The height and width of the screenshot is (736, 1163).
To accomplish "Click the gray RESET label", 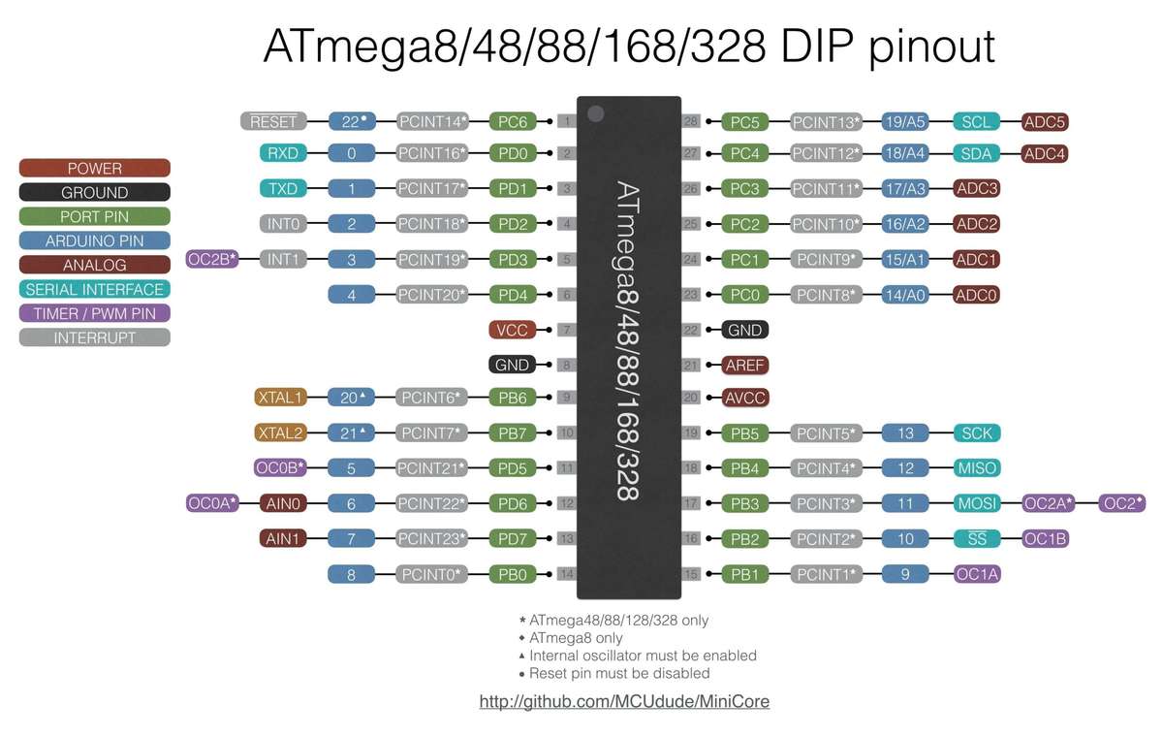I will tap(272, 121).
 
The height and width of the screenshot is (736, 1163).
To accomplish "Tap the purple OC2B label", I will tap(211, 259).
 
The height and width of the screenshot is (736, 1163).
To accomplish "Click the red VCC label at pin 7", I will tap(512, 330).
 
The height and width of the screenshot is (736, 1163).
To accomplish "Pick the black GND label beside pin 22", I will tap(744, 330).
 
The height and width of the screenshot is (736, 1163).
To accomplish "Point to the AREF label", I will tap(745, 366).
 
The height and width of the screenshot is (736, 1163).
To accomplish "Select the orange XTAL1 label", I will tap(280, 397).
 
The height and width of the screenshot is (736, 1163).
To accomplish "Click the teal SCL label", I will tap(977, 122).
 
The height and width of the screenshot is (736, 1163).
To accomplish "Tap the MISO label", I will tap(977, 467).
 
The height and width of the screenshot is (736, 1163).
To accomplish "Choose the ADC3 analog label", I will tap(977, 188).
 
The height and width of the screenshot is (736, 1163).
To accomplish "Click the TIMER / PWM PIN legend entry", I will tap(94, 313).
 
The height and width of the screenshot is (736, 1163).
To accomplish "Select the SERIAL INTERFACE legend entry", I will tap(94, 289).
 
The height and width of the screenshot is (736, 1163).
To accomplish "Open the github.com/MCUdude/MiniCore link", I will tap(624, 700).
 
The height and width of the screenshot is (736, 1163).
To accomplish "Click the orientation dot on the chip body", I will tap(595, 113).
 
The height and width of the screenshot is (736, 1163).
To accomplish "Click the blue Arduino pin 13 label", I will tap(906, 432).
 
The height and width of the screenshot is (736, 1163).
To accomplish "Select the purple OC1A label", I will tap(977, 574).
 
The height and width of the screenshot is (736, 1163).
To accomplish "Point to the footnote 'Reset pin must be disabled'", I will tap(619, 673).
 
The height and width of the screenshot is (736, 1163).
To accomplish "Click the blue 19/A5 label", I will tap(905, 122).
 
